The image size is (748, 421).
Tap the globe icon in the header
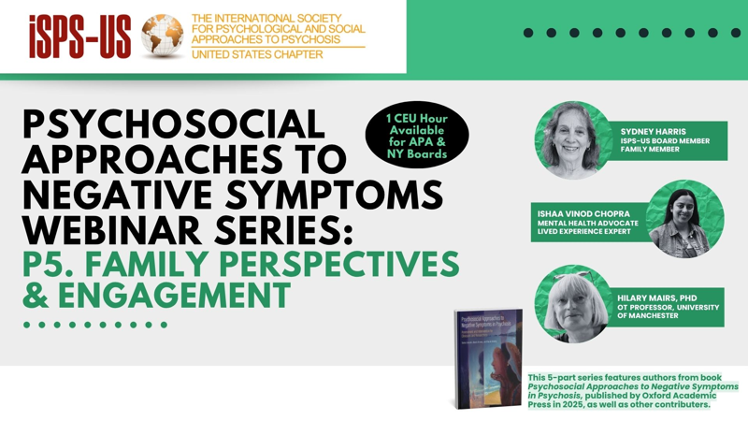162,36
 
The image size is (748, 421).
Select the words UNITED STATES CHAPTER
257,54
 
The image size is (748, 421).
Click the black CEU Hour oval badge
417,136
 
